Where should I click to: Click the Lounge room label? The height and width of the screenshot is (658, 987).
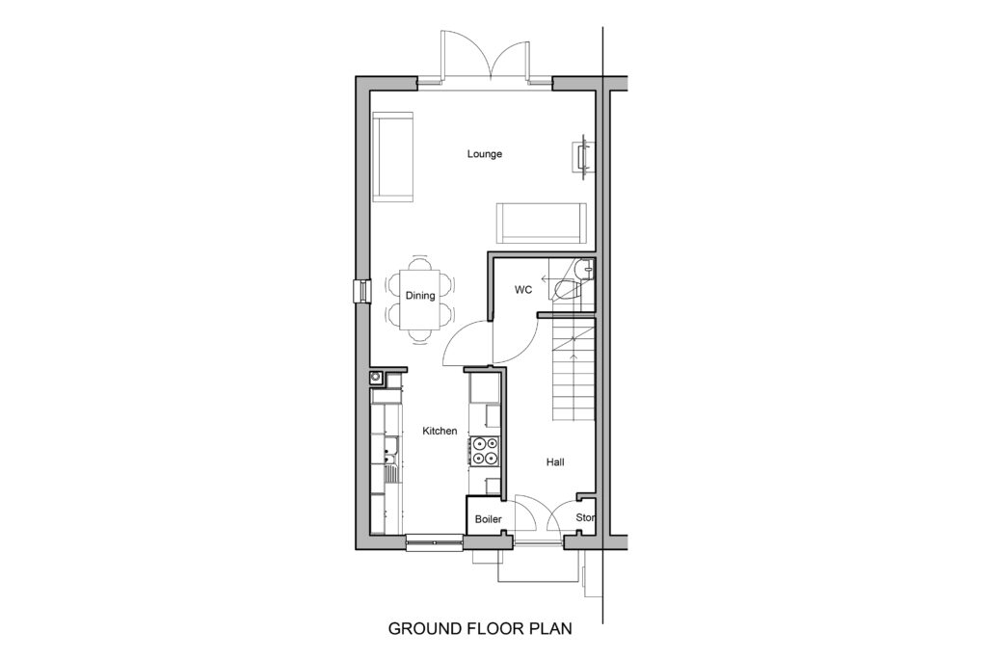tap(484, 154)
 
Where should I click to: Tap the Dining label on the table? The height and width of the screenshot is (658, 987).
tap(420, 296)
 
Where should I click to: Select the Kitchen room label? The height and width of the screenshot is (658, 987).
tap(440, 431)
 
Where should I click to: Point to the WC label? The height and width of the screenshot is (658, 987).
tap(523, 290)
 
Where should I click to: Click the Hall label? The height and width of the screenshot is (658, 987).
tap(555, 462)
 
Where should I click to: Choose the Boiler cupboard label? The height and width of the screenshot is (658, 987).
tap(489, 519)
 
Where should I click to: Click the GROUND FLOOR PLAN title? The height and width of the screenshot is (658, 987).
tap(480, 628)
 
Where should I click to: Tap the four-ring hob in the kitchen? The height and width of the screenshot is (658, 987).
tap(485, 451)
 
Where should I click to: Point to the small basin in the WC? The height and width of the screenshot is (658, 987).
tap(586, 269)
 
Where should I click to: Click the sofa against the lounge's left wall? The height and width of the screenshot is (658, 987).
tap(393, 157)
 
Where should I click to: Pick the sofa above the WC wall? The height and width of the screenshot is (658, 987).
tap(542, 224)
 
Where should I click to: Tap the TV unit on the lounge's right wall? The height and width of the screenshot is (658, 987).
tap(583, 153)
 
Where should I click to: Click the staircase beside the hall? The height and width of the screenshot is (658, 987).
tap(574, 370)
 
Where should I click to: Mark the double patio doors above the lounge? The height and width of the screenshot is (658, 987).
tap(485, 57)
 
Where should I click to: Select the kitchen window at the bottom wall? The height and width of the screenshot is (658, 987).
tap(435, 542)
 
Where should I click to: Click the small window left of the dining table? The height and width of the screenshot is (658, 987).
tap(362, 292)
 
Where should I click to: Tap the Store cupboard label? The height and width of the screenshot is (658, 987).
tap(585, 517)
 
